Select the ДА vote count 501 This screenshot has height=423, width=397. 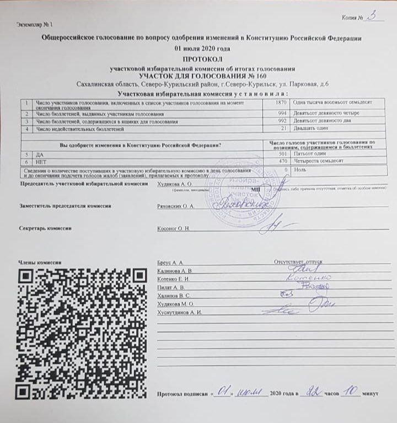(283, 153)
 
